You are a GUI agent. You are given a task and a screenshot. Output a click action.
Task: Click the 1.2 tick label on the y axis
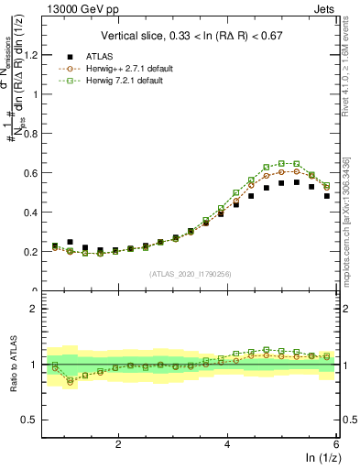[36, 55]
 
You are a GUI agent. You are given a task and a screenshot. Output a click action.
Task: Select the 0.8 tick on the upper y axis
[36, 134]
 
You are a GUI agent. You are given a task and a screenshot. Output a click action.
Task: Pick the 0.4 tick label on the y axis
[36, 213]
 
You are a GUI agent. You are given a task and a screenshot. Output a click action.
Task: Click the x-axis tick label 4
[227, 443]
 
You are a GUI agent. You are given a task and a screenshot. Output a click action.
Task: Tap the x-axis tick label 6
[335, 443]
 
